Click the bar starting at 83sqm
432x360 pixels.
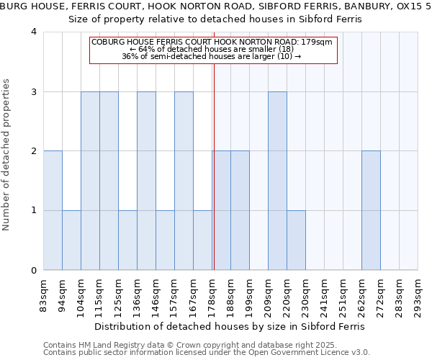[x=53, y=210]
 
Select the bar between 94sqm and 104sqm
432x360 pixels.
[x=71, y=240]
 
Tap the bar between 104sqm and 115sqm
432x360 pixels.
[x=90, y=181]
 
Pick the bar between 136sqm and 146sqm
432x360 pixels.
[x=146, y=181]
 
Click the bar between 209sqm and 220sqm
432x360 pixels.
[x=277, y=181]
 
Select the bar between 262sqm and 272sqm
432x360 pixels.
[x=371, y=210]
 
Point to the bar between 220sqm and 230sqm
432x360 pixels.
[x=296, y=240]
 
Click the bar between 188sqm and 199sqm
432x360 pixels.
[x=240, y=210]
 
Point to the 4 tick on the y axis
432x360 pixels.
[x=34, y=32]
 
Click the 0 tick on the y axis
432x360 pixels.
[x=34, y=271]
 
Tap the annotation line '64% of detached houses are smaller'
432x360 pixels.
[x=212, y=49]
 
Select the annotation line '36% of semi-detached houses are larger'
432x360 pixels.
[x=212, y=56]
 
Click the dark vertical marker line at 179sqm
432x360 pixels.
[x=214, y=166]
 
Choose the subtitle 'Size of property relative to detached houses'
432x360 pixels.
[x=215, y=20]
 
